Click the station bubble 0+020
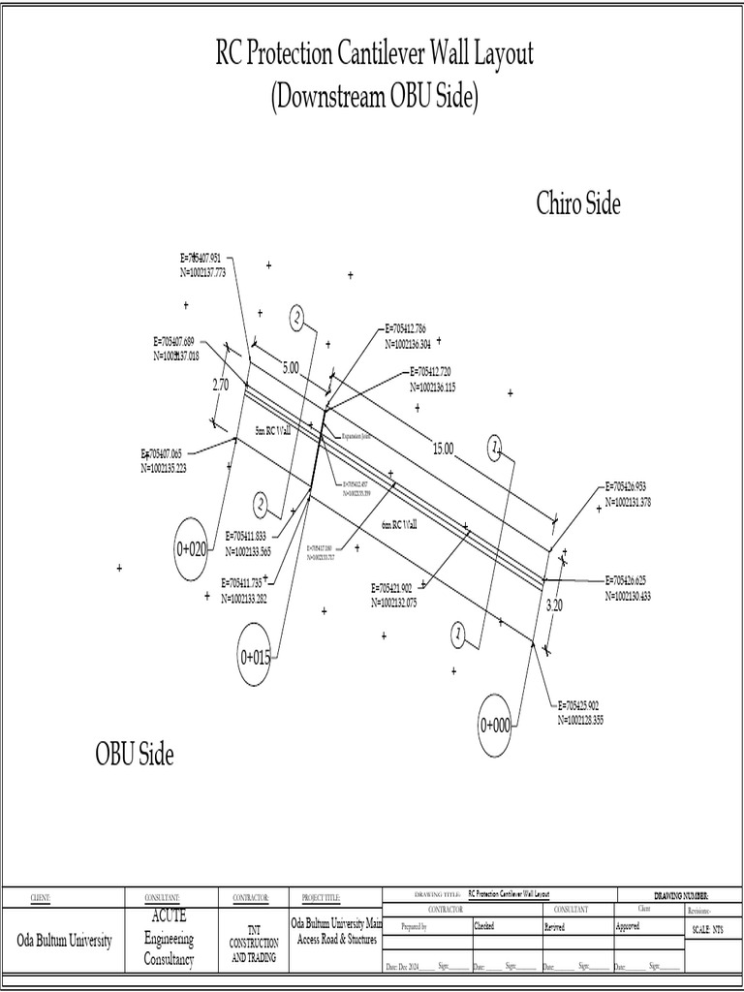192,549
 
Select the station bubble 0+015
256,658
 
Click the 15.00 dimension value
443,448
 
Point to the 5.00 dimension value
291,367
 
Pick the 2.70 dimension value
221,385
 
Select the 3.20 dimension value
554,604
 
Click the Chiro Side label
577,204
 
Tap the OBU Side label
135,754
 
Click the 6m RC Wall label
399,524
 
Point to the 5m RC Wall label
273,430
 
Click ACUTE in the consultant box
170,915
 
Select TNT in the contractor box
254,927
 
